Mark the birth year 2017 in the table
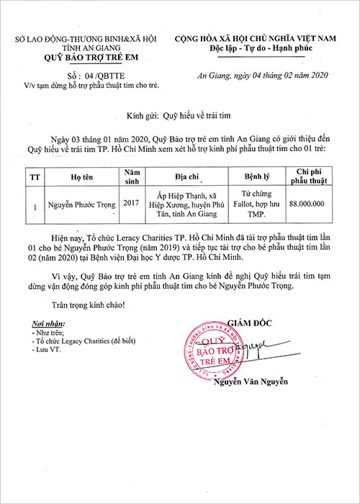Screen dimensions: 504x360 [x=132, y=204]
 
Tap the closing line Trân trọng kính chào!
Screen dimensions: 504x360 [x=91, y=304]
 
